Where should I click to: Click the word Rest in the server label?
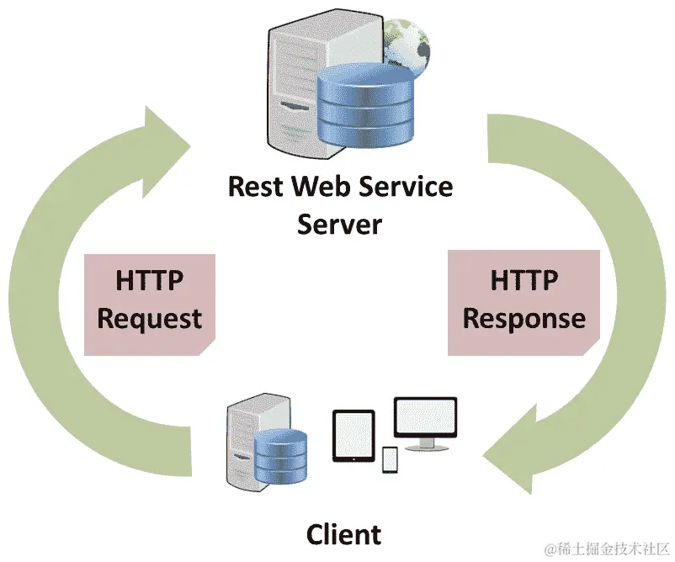point(256,186)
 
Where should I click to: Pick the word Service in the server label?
point(407,186)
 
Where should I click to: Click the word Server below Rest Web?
point(339,225)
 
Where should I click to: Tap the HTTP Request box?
point(150,301)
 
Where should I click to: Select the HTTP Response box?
point(524,301)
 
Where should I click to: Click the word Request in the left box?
point(150,319)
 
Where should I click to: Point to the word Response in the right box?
point(524,319)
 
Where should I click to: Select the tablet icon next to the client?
point(353,436)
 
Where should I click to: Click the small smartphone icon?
point(390,460)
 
